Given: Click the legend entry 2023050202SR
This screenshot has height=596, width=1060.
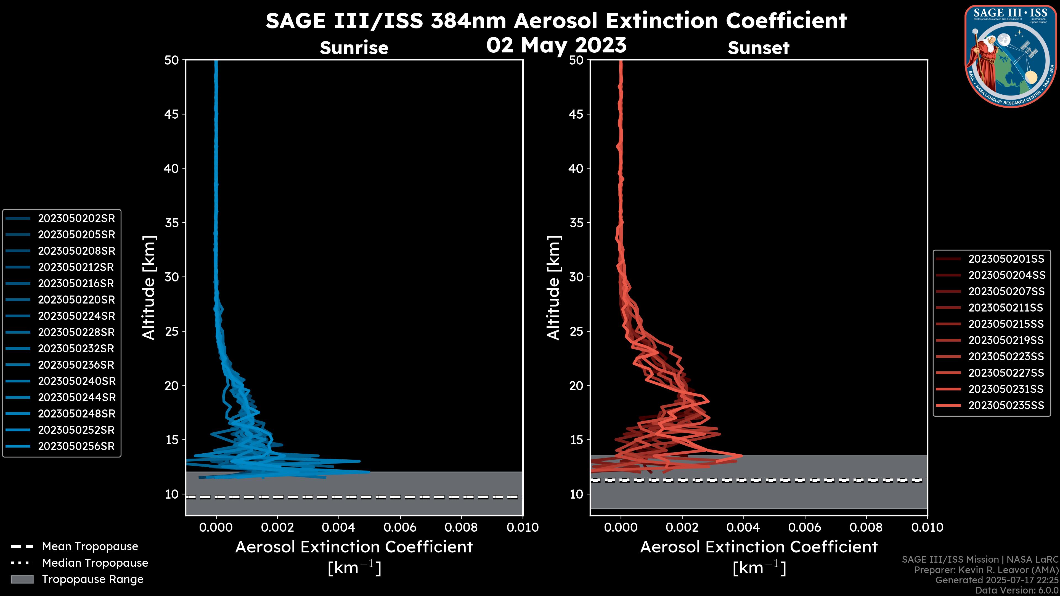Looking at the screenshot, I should click(76, 219).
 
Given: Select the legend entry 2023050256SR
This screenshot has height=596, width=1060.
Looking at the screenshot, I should click(76, 446).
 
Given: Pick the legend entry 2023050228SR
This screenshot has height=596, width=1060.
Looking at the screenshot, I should click(76, 332).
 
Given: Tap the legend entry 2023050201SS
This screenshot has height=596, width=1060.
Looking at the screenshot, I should click(1006, 259).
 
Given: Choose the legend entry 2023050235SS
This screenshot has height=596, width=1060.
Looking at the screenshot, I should click(1006, 406).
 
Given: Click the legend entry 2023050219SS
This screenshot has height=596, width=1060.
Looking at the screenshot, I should click(1006, 340).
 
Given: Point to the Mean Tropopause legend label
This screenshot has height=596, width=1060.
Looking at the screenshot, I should click(90, 547).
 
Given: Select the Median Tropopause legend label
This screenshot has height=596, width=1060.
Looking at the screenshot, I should click(95, 563).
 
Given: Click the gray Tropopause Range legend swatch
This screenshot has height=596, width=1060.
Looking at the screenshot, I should click(22, 579).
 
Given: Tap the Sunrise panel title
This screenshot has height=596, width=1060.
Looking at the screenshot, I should click(354, 48).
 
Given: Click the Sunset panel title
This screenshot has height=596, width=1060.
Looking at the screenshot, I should click(758, 48).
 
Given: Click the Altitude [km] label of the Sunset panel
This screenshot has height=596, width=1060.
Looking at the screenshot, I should click(553, 288).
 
